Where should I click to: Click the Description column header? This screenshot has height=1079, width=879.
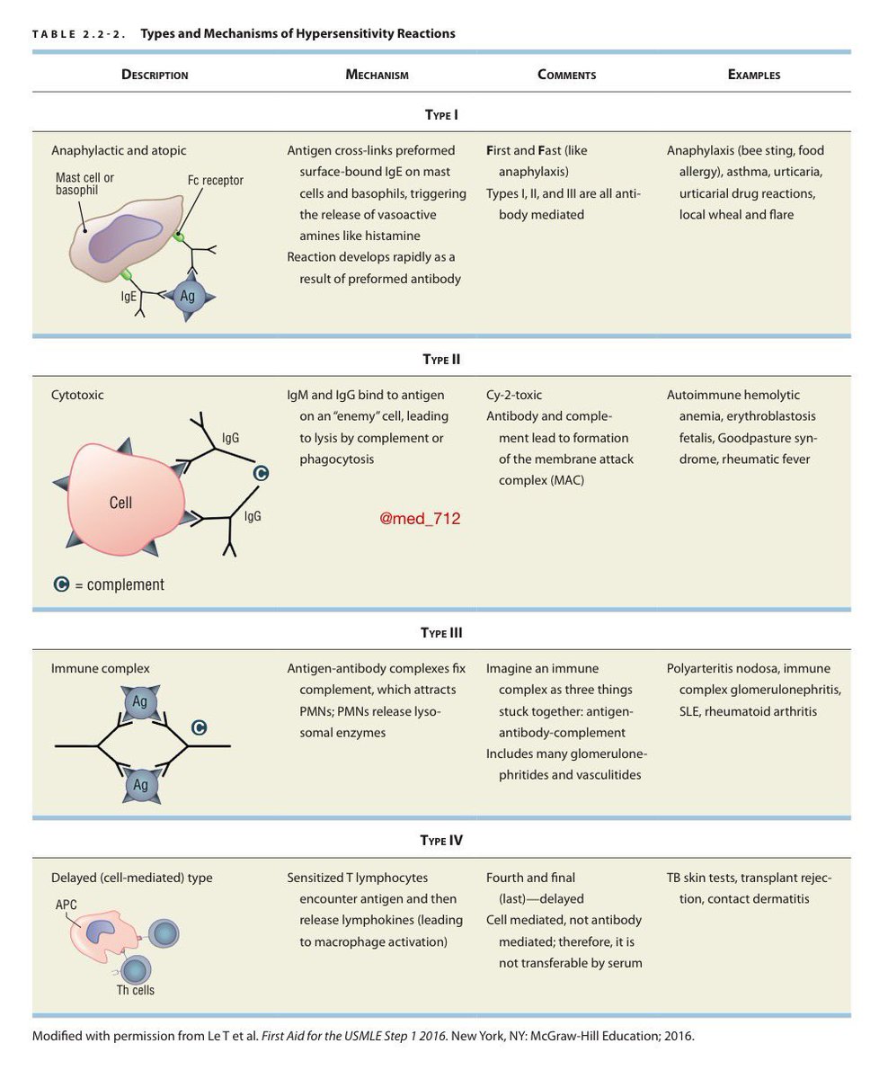tap(155, 75)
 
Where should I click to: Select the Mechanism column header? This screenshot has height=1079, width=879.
tap(377, 75)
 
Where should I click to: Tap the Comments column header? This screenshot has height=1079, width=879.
tap(566, 75)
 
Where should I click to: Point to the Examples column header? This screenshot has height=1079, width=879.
tap(754, 75)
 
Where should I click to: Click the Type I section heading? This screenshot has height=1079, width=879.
tap(442, 114)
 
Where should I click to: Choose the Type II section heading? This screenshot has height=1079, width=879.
tap(442, 359)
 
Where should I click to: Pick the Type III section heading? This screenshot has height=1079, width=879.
tap(442, 632)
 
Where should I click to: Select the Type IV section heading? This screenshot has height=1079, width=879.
tap(442, 841)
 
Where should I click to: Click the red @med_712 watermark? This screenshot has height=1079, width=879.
tap(420, 519)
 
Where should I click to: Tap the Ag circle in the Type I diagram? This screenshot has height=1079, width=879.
tap(188, 295)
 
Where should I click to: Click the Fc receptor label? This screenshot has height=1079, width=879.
tap(216, 180)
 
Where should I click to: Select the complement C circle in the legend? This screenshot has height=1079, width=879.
tap(61, 584)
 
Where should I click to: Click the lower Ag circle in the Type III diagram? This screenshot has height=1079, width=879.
tap(140, 785)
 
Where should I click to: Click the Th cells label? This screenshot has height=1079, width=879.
tap(137, 990)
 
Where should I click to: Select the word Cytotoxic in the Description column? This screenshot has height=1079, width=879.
tap(77, 395)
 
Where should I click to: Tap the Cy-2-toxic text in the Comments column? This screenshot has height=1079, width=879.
tap(514, 395)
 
